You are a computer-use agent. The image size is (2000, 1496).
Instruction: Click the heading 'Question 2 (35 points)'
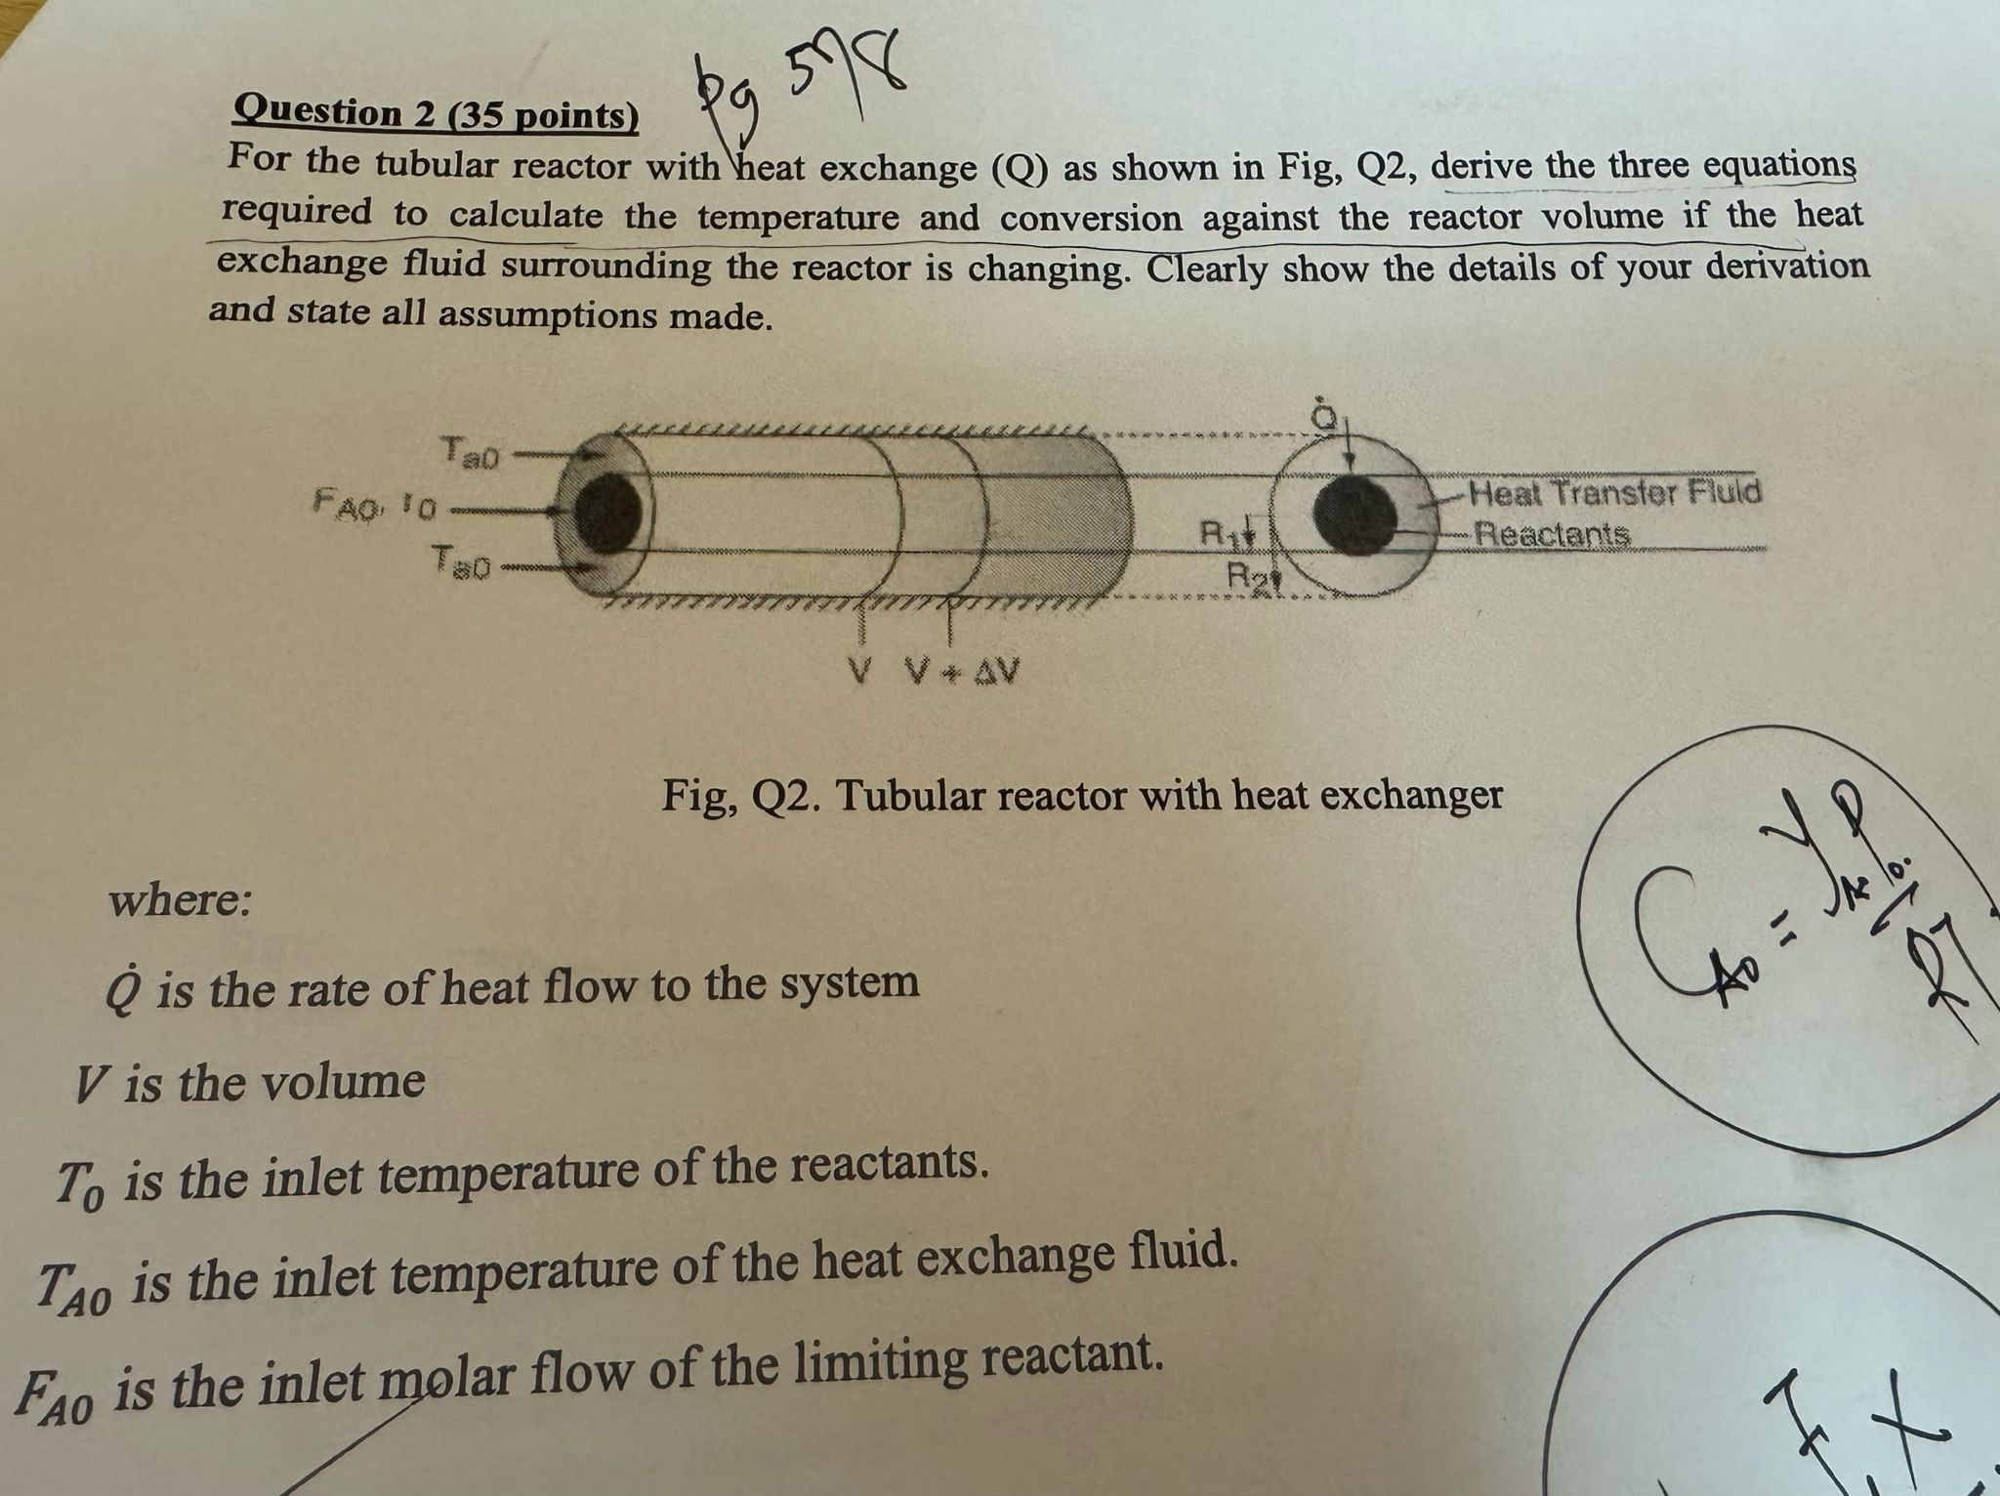pyautogui.click(x=436, y=113)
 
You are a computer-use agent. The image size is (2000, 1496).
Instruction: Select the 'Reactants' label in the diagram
pyautogui.click(x=1552, y=534)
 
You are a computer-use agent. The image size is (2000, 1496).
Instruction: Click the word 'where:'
pyautogui.click(x=181, y=899)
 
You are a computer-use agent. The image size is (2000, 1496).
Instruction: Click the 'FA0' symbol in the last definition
pyautogui.click(x=55, y=1392)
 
